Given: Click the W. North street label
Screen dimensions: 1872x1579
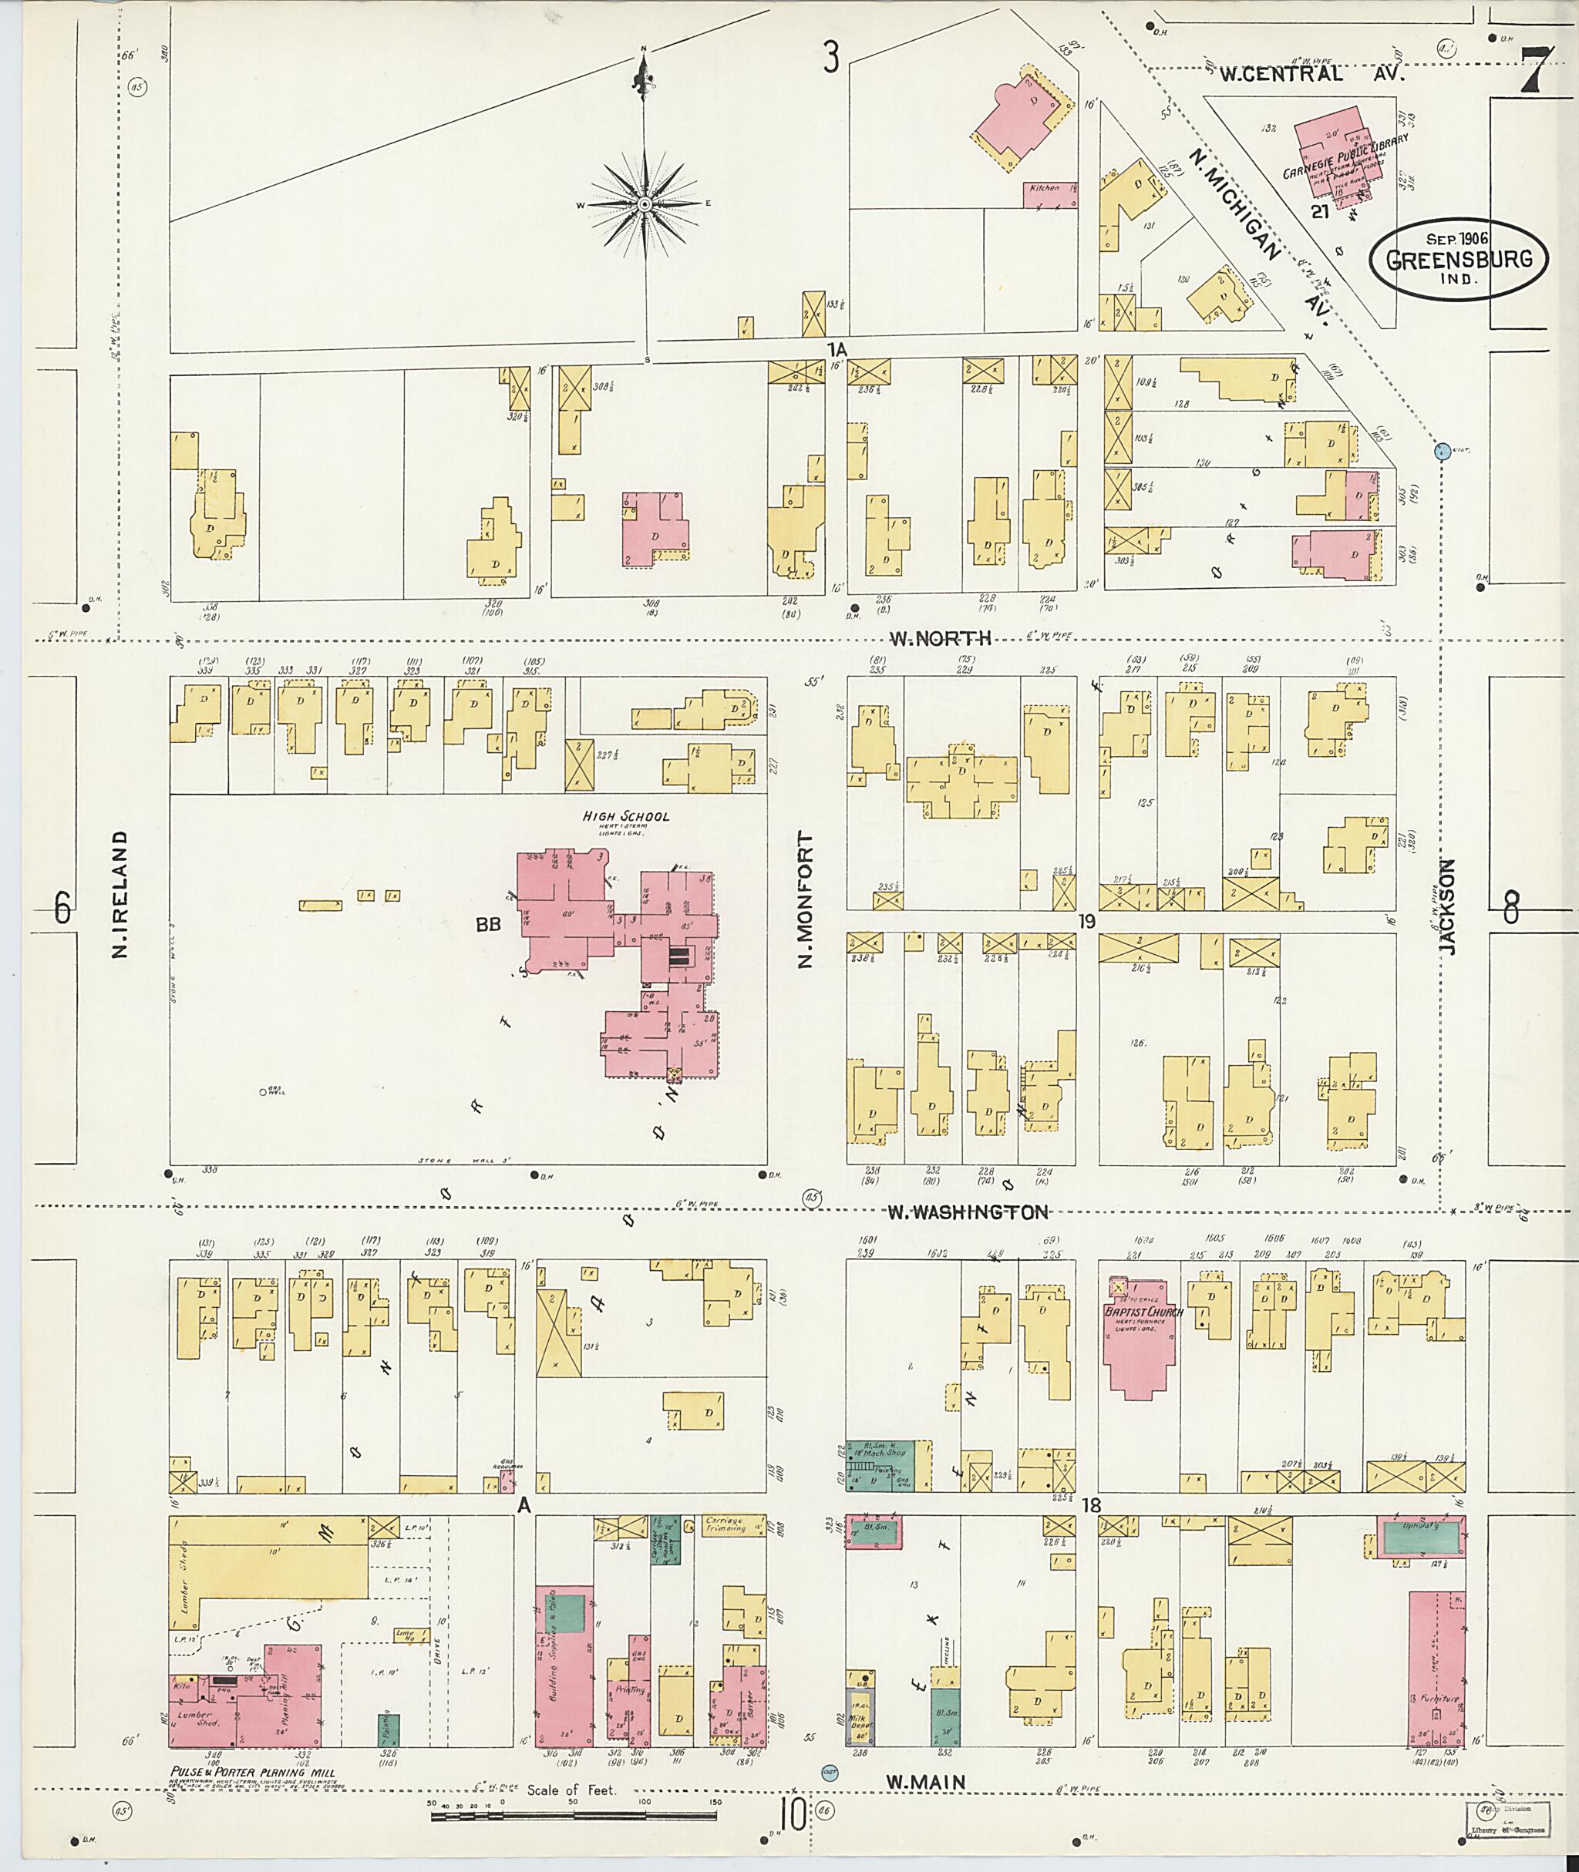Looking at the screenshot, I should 940,638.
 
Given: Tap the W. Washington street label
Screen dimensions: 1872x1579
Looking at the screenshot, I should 967,1212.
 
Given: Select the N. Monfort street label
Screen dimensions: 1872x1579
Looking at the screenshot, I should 805,900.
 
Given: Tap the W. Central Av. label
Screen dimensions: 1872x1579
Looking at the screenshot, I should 1311,74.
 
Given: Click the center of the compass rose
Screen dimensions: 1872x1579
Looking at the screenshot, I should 645,205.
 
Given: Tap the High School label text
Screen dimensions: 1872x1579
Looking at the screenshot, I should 626,816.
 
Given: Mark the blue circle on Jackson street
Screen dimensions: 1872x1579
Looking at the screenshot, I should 1441,452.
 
